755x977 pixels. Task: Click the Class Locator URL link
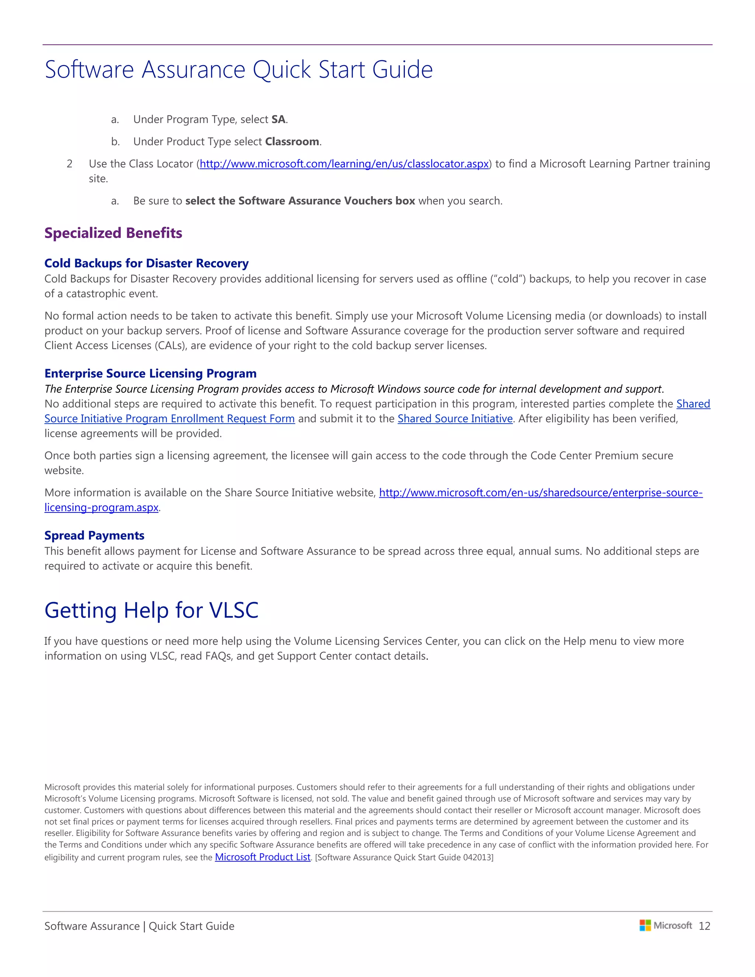pyautogui.click(x=344, y=164)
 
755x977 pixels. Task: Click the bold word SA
pyautogui.click(x=278, y=119)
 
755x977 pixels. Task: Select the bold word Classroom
pyautogui.click(x=292, y=142)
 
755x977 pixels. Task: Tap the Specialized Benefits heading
pyautogui.click(x=113, y=233)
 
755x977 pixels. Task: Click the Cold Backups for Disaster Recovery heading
pyautogui.click(x=146, y=264)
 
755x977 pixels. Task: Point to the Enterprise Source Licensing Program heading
pyautogui.click(x=150, y=373)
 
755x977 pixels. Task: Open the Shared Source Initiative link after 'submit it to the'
pyautogui.click(x=455, y=419)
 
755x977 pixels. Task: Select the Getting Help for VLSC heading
pyautogui.click(x=151, y=610)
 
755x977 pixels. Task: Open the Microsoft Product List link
pyautogui.click(x=262, y=857)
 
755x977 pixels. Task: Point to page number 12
pyautogui.click(x=704, y=926)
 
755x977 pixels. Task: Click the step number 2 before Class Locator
pyautogui.click(x=69, y=164)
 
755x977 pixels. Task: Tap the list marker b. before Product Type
pyautogui.click(x=115, y=142)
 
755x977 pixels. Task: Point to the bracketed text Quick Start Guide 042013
pyautogui.click(x=404, y=858)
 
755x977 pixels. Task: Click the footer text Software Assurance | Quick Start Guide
pyautogui.click(x=139, y=926)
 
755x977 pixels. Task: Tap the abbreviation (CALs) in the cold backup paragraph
pyautogui.click(x=170, y=346)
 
